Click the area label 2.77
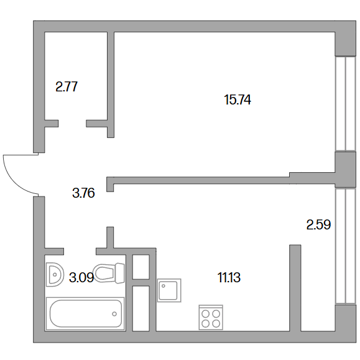pos(67,87)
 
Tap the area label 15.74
pos(238,100)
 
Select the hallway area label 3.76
pos(83,193)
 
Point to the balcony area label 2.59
pos(318,225)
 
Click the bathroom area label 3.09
pos(81,277)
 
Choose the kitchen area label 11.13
pos(229,277)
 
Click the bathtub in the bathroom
pos(85,313)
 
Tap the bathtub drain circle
pos(114,314)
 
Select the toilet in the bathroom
pos(109,273)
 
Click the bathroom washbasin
pos(55,274)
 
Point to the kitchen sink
pos(169,290)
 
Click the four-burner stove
pos(211,318)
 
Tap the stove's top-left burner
pos(205,313)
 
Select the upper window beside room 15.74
pos(345,104)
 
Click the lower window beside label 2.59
pos(345,247)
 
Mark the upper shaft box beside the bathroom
pos(141,267)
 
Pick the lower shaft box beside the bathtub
pos(141,308)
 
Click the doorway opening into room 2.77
pos(72,124)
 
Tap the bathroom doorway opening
pos(80,251)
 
